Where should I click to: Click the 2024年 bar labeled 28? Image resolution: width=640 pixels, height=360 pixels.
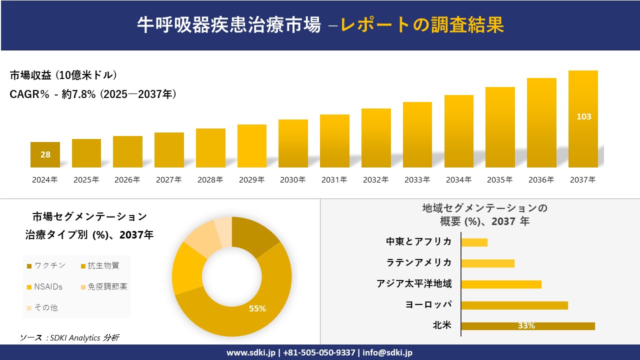coord(45,154)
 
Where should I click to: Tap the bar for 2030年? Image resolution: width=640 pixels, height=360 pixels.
coord(293,143)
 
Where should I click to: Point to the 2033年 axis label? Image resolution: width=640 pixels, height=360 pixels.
coord(417,180)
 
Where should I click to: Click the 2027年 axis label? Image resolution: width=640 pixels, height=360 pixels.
coord(168,180)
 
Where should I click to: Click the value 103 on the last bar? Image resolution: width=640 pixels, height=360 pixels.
coord(583,116)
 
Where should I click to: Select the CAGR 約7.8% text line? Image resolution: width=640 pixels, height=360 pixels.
coord(93,94)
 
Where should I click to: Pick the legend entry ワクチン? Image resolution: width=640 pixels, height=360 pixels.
coord(48,266)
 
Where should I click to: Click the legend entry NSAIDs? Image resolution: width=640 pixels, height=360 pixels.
coord(48,286)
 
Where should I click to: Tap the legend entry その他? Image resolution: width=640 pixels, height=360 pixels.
coord(45,307)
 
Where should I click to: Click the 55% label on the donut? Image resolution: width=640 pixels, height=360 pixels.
coord(257,309)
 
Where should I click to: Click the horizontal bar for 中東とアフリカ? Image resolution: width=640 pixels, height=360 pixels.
coord(474,242)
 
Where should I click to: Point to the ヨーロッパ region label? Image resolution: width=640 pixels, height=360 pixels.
coord(428,305)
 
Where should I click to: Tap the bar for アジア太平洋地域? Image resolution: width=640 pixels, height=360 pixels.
coord(501,284)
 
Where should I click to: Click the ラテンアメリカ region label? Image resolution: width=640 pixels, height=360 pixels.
coord(418,263)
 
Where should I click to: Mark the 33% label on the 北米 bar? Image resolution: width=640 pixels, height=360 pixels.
coord(526,326)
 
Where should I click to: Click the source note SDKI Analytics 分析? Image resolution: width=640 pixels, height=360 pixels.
coord(69,338)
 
